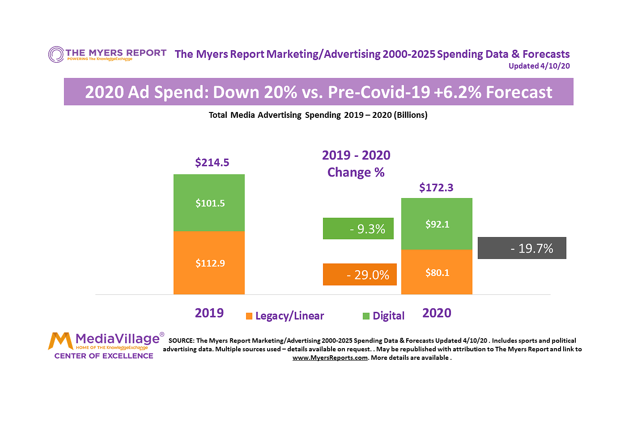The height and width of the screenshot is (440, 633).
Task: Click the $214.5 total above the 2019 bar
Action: [212, 162]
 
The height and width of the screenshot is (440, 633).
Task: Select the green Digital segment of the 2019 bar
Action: [209, 203]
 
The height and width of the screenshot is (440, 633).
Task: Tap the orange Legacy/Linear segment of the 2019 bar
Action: [209, 263]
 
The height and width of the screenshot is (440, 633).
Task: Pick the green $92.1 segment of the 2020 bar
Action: [437, 224]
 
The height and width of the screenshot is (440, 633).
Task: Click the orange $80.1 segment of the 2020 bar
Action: [437, 272]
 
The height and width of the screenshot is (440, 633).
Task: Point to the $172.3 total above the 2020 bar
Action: [436, 187]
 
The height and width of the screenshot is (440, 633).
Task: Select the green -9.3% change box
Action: [358, 229]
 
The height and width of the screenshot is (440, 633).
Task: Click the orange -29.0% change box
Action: [360, 275]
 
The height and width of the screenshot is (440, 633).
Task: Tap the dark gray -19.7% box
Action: [522, 248]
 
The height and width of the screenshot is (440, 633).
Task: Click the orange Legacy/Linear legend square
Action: [249, 316]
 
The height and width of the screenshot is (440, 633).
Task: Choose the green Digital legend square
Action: [366, 316]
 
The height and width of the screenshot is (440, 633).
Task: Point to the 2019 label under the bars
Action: [209, 313]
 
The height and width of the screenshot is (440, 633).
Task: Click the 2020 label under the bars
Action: [437, 313]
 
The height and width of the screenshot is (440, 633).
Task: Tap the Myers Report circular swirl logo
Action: [56, 54]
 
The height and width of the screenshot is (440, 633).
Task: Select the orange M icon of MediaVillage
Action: [60, 341]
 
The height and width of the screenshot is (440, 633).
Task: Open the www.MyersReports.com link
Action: [330, 358]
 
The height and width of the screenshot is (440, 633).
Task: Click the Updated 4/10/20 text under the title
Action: [539, 66]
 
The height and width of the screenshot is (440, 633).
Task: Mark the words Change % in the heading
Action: [356, 173]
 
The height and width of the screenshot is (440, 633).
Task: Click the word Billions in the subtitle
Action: [410, 115]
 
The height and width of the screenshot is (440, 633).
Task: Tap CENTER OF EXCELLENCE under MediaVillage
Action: [104, 356]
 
